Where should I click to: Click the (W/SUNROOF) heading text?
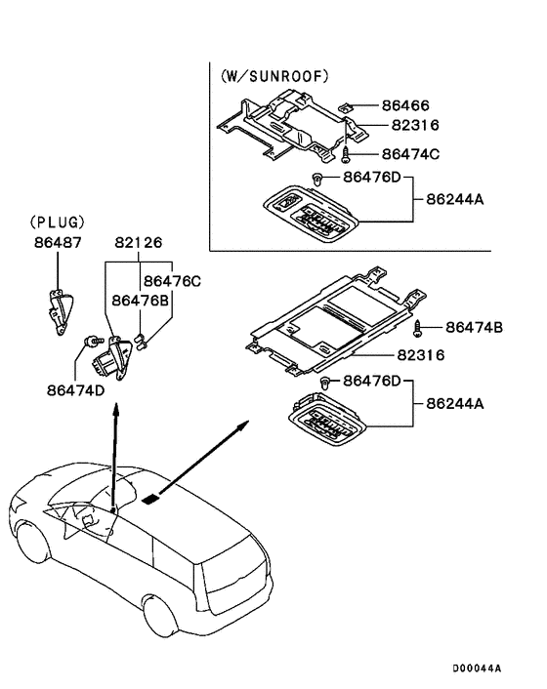(x=273, y=75)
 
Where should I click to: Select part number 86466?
(x=405, y=104)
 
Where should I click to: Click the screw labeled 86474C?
(x=346, y=154)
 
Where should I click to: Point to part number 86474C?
(x=410, y=154)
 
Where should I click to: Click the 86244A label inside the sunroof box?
(x=455, y=199)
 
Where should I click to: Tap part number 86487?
(x=57, y=241)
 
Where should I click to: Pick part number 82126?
(x=138, y=241)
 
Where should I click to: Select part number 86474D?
(x=74, y=389)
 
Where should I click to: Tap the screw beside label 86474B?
(x=418, y=328)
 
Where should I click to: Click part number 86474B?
(x=474, y=328)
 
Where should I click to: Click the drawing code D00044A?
(x=476, y=669)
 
